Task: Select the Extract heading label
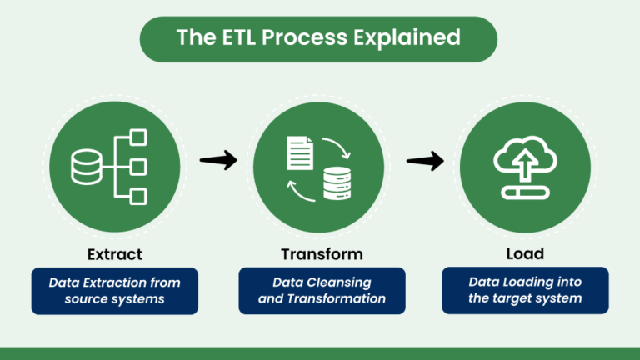[114, 253]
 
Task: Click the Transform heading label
[322, 253]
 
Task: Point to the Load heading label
[525, 253]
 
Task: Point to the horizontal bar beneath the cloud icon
[525, 192]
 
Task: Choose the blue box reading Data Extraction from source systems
[114, 290]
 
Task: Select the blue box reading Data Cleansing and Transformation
[322, 290]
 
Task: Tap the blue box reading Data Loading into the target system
[525, 290]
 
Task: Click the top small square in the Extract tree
[139, 135]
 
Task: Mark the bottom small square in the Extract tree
[139, 197]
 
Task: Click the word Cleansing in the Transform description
[340, 282]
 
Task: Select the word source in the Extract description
[87, 298]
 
